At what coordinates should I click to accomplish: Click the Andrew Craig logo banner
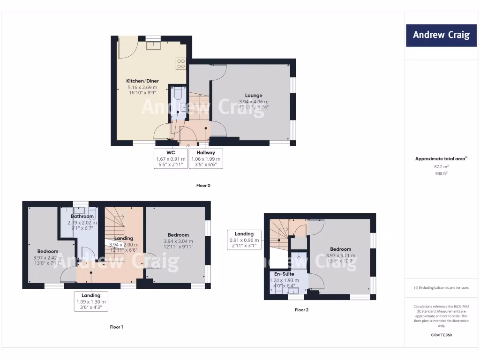click(x=441, y=35)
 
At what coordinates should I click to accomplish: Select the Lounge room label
click(x=254, y=96)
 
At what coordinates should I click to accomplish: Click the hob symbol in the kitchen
click(x=181, y=63)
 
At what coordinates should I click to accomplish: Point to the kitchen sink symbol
click(x=153, y=45)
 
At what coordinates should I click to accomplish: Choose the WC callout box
click(x=170, y=158)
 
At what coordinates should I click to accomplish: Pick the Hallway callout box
click(x=206, y=158)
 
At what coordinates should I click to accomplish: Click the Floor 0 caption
click(x=203, y=186)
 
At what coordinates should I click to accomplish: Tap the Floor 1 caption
click(x=116, y=327)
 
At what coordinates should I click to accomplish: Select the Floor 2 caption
click(x=301, y=310)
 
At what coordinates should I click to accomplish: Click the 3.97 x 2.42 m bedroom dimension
click(x=47, y=257)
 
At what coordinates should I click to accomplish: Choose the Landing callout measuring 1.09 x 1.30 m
click(x=91, y=301)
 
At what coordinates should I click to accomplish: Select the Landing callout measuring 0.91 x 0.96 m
click(x=244, y=240)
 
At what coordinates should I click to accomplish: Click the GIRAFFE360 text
click(x=441, y=335)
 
